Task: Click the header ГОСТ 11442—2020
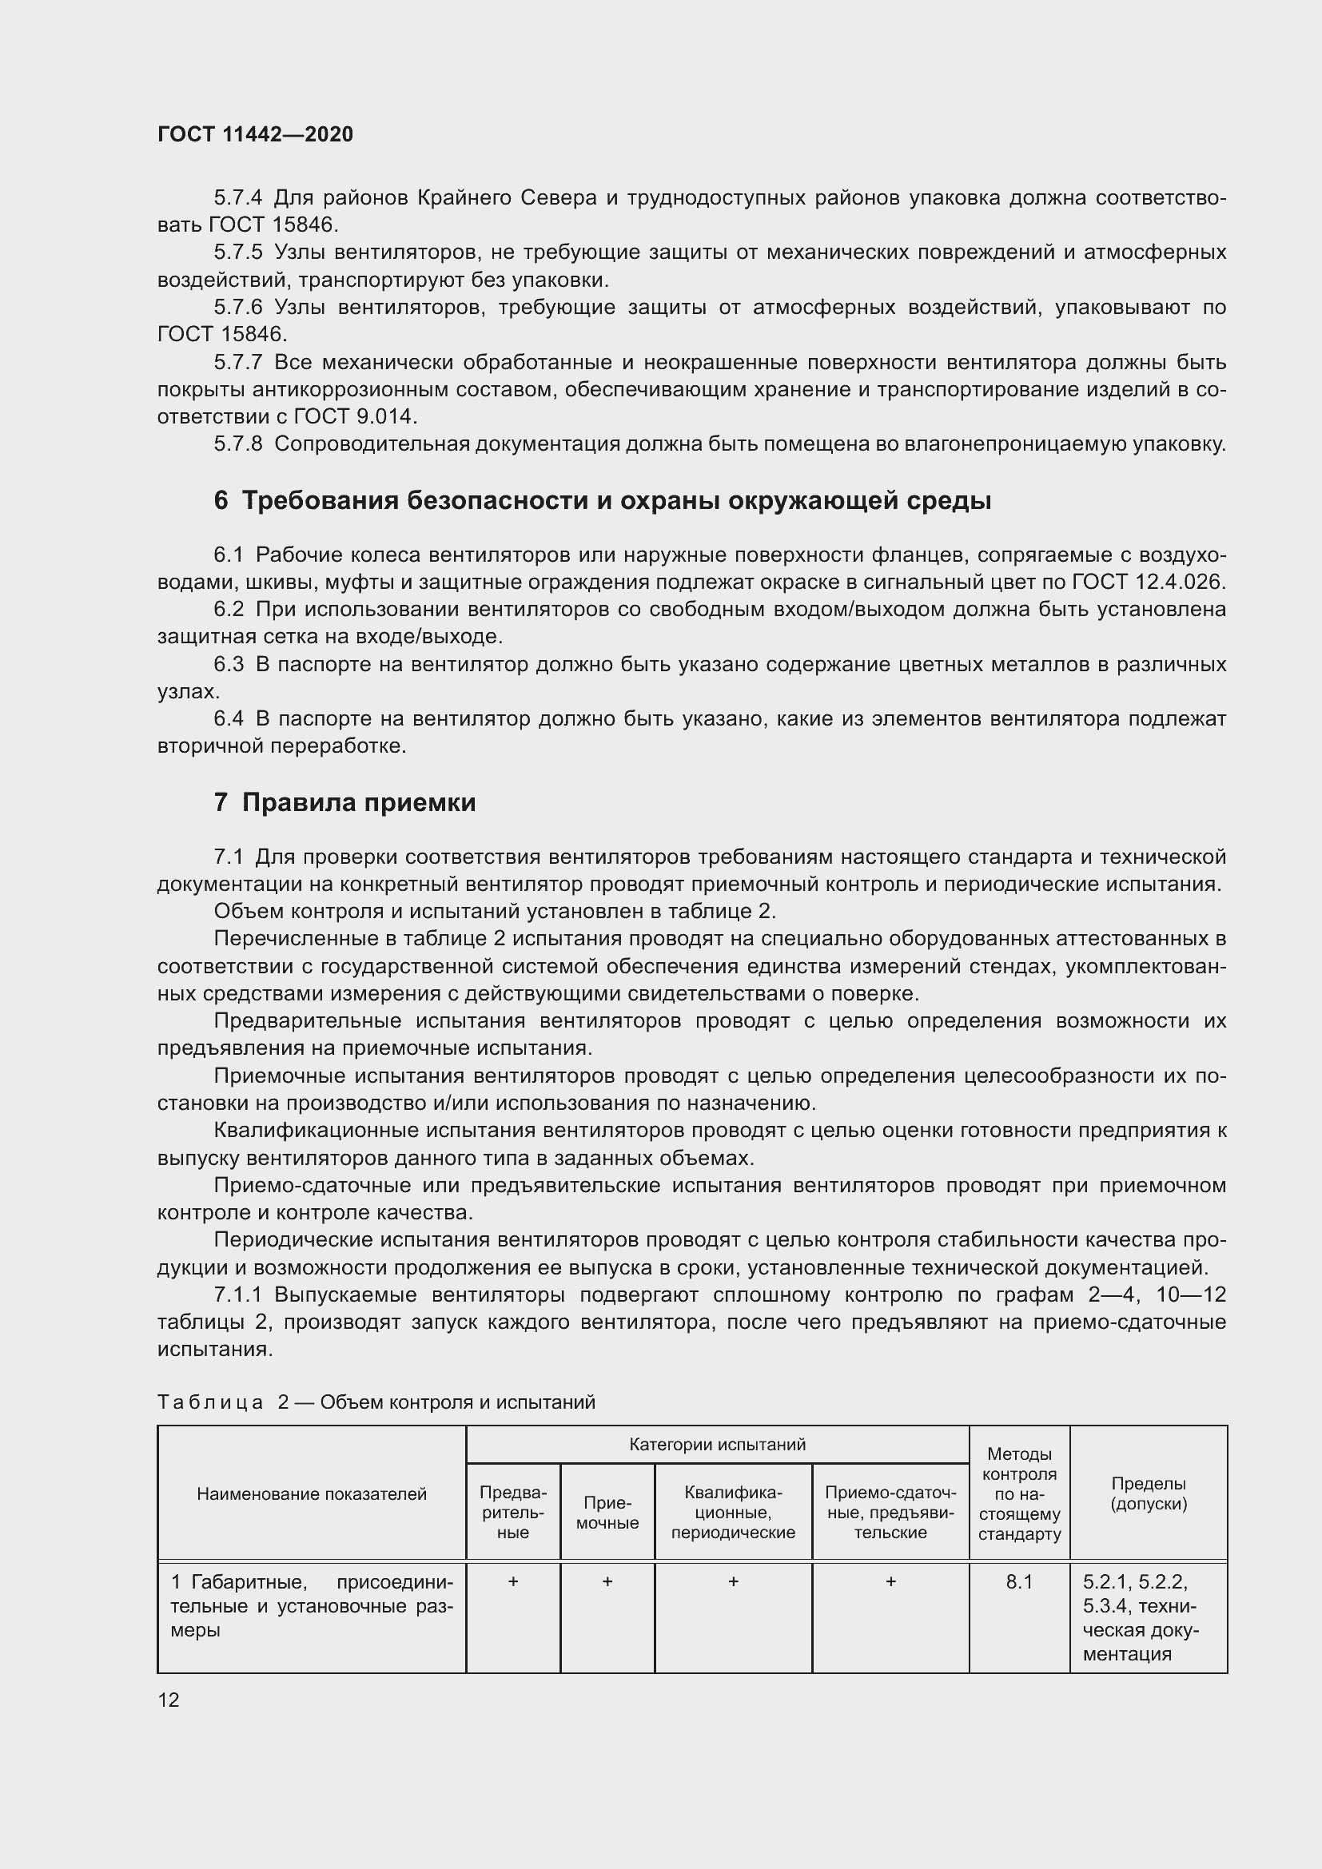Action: point(255,135)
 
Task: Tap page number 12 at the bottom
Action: point(169,1700)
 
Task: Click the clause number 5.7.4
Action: point(237,198)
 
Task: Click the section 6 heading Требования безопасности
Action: point(603,501)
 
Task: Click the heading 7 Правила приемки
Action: point(344,802)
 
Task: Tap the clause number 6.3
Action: point(228,665)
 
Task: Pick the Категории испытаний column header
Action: point(717,1444)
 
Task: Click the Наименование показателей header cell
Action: point(312,1493)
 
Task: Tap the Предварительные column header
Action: point(513,1512)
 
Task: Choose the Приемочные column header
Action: point(607,1513)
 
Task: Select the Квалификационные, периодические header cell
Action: point(733,1512)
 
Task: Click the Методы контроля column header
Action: point(1019,1493)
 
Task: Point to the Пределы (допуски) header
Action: point(1149,1493)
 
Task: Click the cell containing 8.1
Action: point(1019,1581)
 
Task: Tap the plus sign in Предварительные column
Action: point(513,1581)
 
